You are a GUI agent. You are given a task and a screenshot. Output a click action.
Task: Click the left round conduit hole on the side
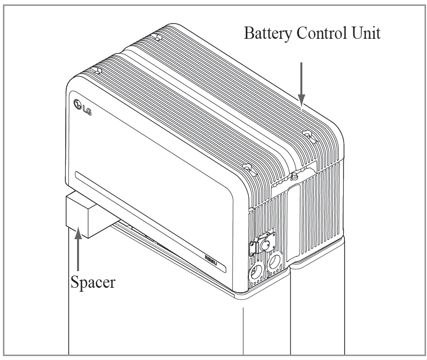256,272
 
